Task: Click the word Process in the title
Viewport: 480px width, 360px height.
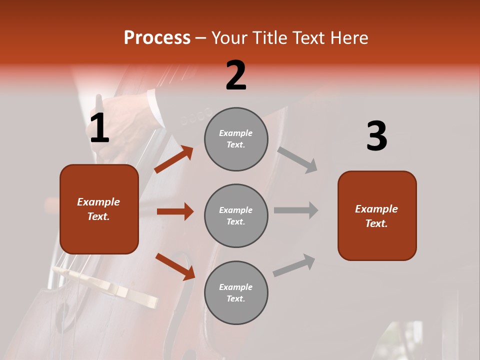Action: click(157, 37)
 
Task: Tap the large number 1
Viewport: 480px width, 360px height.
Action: click(99, 128)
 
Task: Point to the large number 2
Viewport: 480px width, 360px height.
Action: click(236, 75)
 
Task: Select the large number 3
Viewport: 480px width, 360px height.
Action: click(376, 136)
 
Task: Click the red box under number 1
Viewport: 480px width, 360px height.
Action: click(99, 209)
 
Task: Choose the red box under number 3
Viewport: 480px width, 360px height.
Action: click(377, 215)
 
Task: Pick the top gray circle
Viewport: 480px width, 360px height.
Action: click(236, 139)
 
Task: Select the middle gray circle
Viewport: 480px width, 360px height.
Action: click(236, 215)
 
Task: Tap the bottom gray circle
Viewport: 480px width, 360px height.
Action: click(236, 292)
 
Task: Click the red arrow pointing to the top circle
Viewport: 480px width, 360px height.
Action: click(173, 159)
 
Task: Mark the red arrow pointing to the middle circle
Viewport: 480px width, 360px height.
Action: click(175, 211)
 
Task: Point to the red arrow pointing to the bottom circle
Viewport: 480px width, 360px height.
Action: click(175, 266)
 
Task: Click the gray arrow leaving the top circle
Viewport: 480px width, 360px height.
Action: click(297, 159)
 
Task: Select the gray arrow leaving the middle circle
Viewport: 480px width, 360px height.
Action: click(296, 210)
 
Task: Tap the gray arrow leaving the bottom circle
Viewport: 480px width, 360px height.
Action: click(294, 265)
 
